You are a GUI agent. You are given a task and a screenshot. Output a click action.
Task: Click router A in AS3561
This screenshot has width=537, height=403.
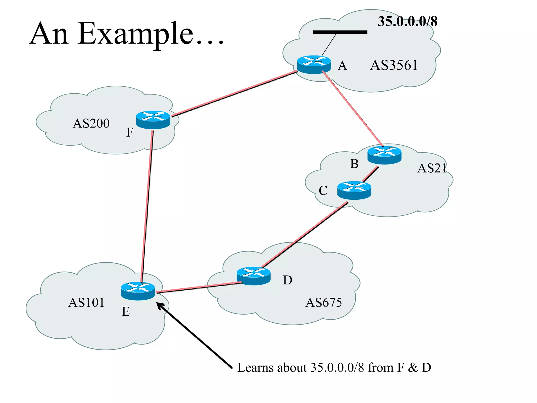pyautogui.click(x=314, y=64)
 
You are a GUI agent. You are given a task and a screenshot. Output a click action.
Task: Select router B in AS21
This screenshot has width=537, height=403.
pyautogui.click(x=384, y=155)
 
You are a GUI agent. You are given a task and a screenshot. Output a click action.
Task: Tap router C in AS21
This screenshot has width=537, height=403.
pyautogui.click(x=354, y=190)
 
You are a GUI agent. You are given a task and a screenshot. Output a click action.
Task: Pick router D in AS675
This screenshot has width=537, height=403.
pyautogui.click(x=253, y=276)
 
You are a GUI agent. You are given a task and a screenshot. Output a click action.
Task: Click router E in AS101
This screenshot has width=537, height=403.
pyautogui.click(x=138, y=291)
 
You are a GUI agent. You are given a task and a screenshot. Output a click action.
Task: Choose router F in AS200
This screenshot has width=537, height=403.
pyautogui.click(x=153, y=120)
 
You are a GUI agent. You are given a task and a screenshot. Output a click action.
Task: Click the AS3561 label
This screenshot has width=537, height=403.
pyautogui.click(x=394, y=65)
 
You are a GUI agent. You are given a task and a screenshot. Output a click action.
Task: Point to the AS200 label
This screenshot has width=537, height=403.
pyautogui.click(x=91, y=123)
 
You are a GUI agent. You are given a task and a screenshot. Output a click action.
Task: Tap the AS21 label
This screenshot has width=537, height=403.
pyautogui.click(x=432, y=168)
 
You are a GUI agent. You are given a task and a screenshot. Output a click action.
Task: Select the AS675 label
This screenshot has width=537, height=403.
pyautogui.click(x=324, y=303)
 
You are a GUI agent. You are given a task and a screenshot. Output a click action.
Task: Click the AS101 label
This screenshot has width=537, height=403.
pyautogui.click(x=86, y=303)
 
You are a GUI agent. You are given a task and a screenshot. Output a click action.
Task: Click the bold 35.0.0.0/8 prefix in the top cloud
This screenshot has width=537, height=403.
pyautogui.click(x=407, y=22)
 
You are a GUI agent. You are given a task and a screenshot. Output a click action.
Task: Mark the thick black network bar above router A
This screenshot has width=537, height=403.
pyautogui.click(x=340, y=32)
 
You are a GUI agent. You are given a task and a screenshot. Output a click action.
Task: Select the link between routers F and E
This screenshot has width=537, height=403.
pyautogui.click(x=147, y=205)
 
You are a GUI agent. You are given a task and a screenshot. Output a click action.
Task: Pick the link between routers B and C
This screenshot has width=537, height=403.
pyautogui.click(x=370, y=174)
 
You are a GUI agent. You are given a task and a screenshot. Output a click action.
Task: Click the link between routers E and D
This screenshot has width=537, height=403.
pyautogui.click(x=199, y=287)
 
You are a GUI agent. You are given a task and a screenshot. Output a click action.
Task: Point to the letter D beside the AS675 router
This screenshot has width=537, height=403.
pyautogui.click(x=287, y=280)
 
